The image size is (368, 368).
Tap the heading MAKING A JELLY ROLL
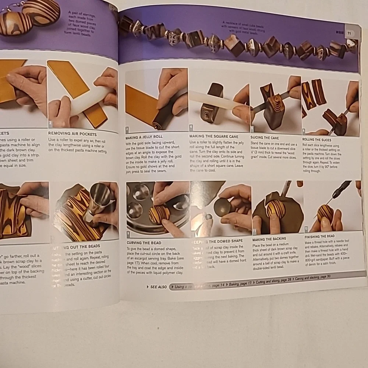pyautogui.click(x=144, y=137)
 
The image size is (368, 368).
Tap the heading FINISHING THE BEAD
pyautogui.click(x=320, y=236)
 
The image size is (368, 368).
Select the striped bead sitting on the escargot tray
pyautogui.click(x=159, y=215)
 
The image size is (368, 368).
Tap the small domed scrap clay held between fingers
pyautogui.click(x=222, y=207)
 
